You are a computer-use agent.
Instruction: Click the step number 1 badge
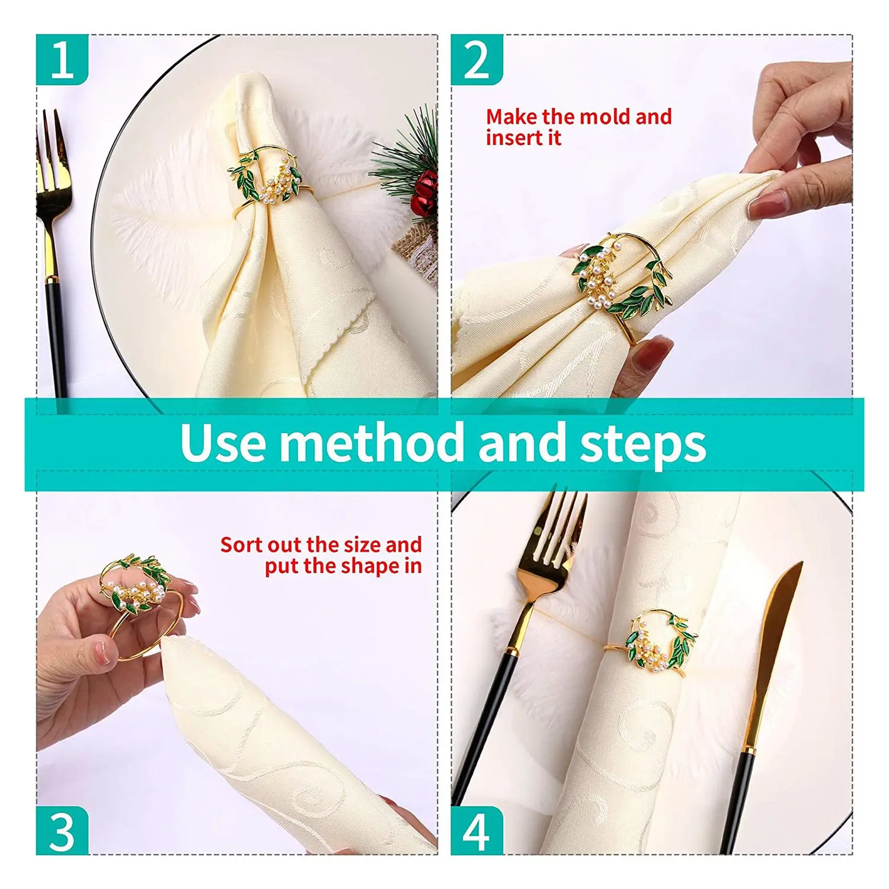[x=62, y=60]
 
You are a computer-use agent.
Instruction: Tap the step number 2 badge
[x=477, y=60]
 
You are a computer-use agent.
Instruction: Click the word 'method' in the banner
[x=372, y=443]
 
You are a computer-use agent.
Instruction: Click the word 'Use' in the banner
[x=223, y=443]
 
